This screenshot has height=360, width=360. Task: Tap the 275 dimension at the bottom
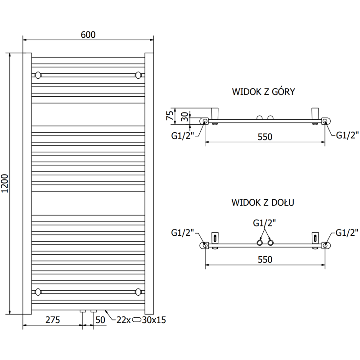point(53,320)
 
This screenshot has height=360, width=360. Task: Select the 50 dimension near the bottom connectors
point(100,320)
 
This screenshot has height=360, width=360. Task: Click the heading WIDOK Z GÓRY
point(263,92)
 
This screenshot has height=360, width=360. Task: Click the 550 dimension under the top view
point(265,137)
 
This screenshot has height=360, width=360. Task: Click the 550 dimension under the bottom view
point(265,260)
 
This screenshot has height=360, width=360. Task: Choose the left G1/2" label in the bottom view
point(182,233)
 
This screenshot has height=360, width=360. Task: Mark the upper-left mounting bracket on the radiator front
point(39,74)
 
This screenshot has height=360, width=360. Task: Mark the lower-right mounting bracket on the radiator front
point(139,292)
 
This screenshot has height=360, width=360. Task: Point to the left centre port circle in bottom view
point(260,243)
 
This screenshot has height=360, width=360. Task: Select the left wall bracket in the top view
point(215,112)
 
